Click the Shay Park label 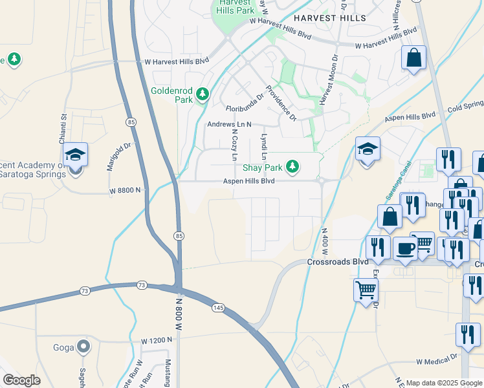click(x=262, y=167)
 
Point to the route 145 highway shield click(x=218, y=308)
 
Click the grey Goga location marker click(x=83, y=347)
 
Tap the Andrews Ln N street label click(x=228, y=124)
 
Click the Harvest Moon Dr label click(x=327, y=78)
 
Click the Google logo click(x=21, y=380)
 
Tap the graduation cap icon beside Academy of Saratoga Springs click(x=74, y=155)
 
